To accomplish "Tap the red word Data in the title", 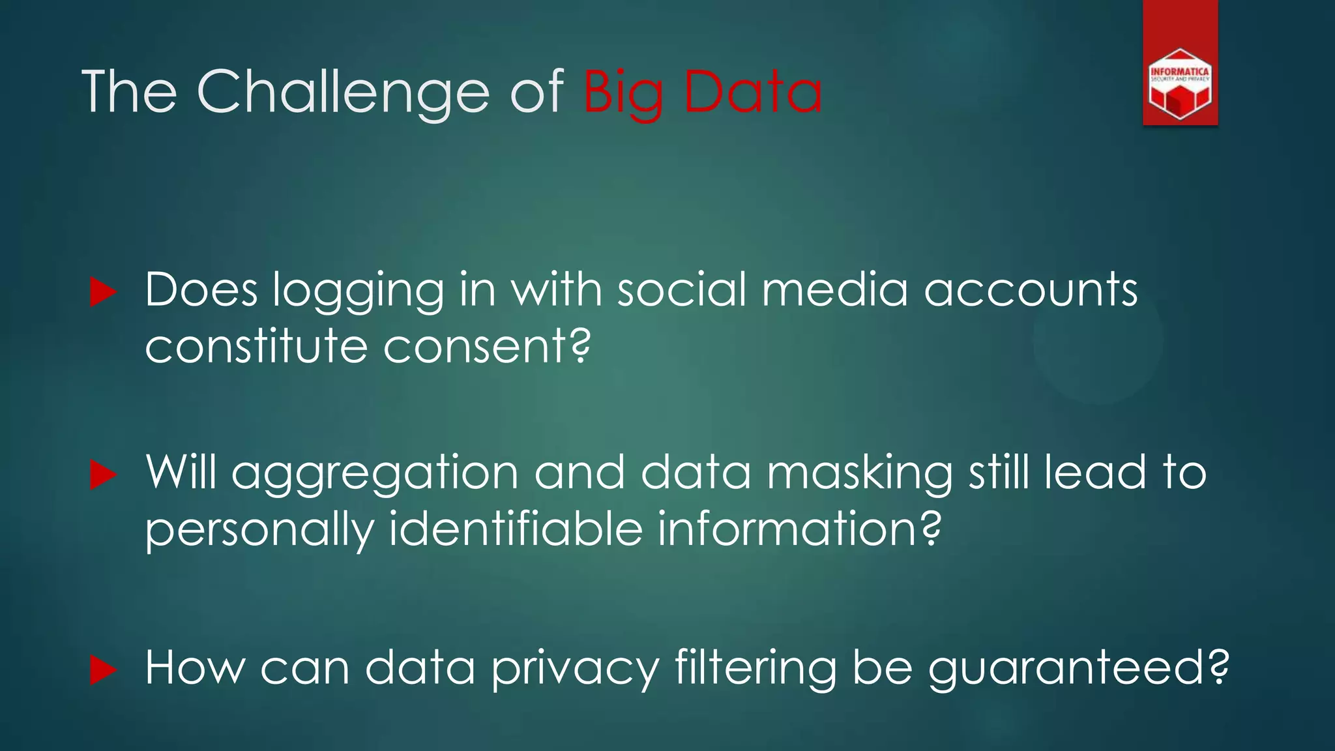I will click(x=753, y=93).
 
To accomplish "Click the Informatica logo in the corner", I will click(x=1180, y=83).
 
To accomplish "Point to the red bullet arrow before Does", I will click(x=103, y=291).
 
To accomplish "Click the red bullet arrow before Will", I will click(x=103, y=474).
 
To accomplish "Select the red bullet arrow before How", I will click(x=103, y=670).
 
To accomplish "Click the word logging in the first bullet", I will click(x=358, y=291).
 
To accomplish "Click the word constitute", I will click(x=256, y=346).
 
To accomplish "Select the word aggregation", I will click(x=375, y=475).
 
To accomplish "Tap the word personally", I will click(x=259, y=530).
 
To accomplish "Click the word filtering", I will click(x=756, y=670).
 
